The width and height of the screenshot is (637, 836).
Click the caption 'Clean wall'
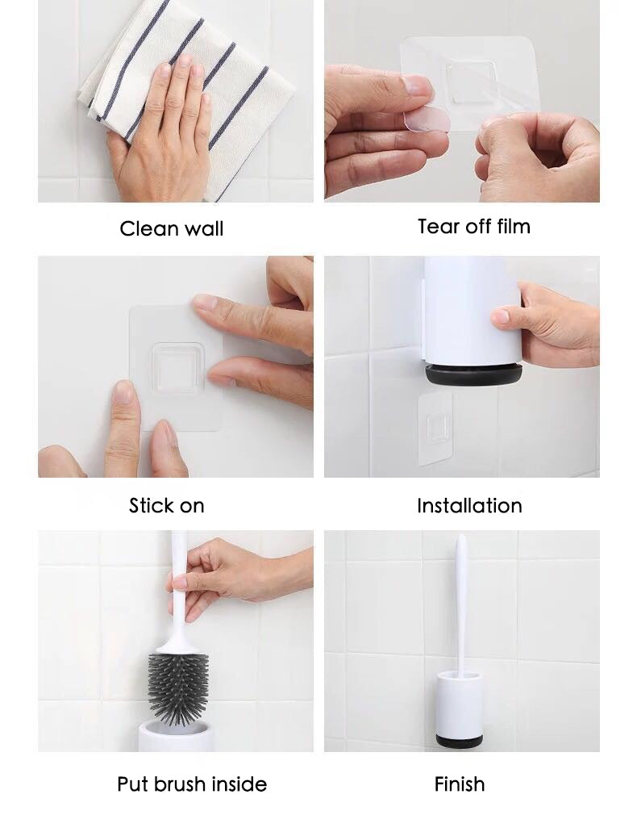pos(172,228)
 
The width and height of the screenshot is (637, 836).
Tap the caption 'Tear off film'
pos(474,226)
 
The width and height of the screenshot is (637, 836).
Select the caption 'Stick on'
pos(167,505)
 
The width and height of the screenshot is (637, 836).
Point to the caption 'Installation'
pos(469,505)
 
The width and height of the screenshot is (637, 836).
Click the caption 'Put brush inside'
pos(192,784)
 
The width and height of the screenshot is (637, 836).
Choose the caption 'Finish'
pos(459,784)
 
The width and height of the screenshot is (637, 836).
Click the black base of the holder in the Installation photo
pos(473,374)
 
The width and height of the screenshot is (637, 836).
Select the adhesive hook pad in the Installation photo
pos(435,429)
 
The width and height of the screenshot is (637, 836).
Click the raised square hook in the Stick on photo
pos(177,368)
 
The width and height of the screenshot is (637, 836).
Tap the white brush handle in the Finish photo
pos(460,603)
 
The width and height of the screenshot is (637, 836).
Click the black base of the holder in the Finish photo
pos(460,740)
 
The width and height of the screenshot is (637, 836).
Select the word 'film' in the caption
pos(514,226)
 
